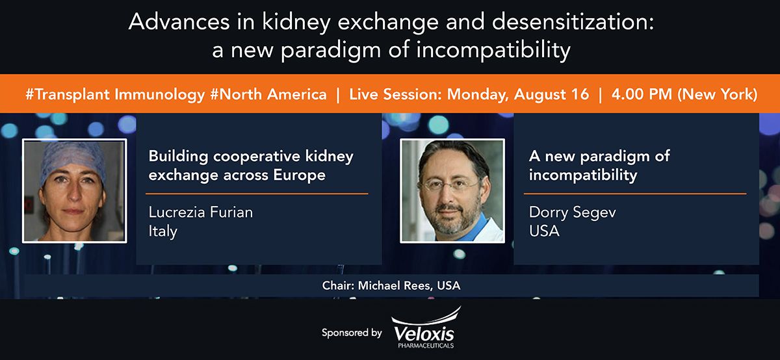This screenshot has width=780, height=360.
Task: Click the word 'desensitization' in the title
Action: pos(573,21)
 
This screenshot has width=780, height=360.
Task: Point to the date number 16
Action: pos(580,94)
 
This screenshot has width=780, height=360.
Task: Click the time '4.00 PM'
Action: pos(642,94)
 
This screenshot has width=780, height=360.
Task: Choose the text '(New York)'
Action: pos(718,94)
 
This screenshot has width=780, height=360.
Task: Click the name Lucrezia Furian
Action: pos(201,212)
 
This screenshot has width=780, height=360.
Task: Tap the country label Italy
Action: pos(163,231)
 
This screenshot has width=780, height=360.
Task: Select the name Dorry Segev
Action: pos(572,212)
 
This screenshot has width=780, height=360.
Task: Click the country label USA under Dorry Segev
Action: pos(544,231)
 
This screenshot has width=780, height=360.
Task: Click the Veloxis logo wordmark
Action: pos(424,334)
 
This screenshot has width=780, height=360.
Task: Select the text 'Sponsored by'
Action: pos(352,333)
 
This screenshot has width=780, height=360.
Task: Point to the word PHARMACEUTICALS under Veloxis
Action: pos(426,346)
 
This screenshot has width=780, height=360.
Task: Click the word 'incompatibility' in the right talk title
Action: pos(583,175)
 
